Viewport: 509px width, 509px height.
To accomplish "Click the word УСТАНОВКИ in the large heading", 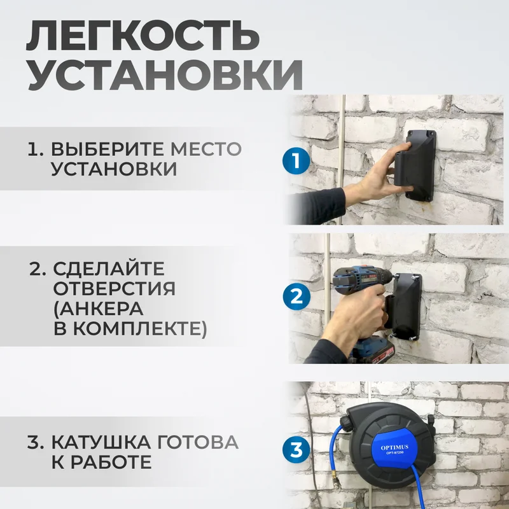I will pyautogui.click(x=165, y=78).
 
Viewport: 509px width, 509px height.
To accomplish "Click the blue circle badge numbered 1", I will pyautogui.click(x=296, y=161).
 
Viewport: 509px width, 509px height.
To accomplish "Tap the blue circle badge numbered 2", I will pyautogui.click(x=296, y=296).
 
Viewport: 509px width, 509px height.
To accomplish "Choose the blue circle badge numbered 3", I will pyautogui.click(x=296, y=450).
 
